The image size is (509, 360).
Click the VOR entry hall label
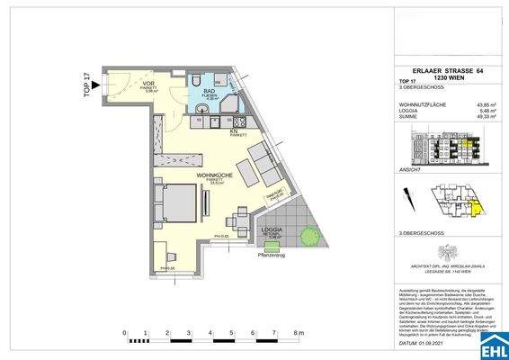[x=149, y=86]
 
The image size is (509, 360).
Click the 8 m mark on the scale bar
[x=299, y=334]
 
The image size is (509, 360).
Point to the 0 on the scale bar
[x=123, y=334]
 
